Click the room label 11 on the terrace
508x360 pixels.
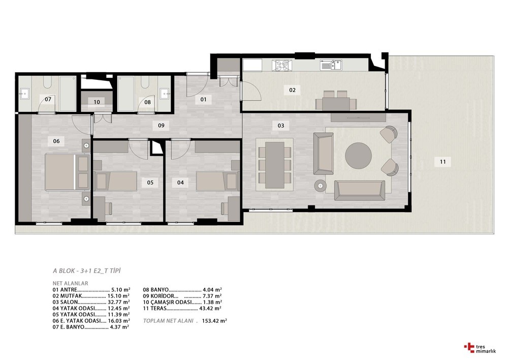(442, 162)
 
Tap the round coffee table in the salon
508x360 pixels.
(358, 156)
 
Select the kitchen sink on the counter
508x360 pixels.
(331, 65)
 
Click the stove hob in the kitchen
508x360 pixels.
(281, 65)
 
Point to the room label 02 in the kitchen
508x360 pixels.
(292, 90)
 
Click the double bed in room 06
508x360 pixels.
(67, 172)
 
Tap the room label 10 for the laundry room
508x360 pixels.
(97, 102)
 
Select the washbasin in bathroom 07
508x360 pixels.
(24, 94)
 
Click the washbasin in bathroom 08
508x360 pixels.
(165, 94)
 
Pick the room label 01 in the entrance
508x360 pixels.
(203, 99)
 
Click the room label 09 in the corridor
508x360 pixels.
(161, 126)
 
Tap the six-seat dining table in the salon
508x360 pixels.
(274, 165)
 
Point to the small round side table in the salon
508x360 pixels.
(320, 186)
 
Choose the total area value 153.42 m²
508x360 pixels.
(214, 321)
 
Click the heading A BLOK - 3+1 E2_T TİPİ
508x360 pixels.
(86, 271)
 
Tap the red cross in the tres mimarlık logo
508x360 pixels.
(469, 347)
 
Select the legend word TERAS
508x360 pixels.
(158, 309)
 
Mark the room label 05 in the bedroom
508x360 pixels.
(150, 183)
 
